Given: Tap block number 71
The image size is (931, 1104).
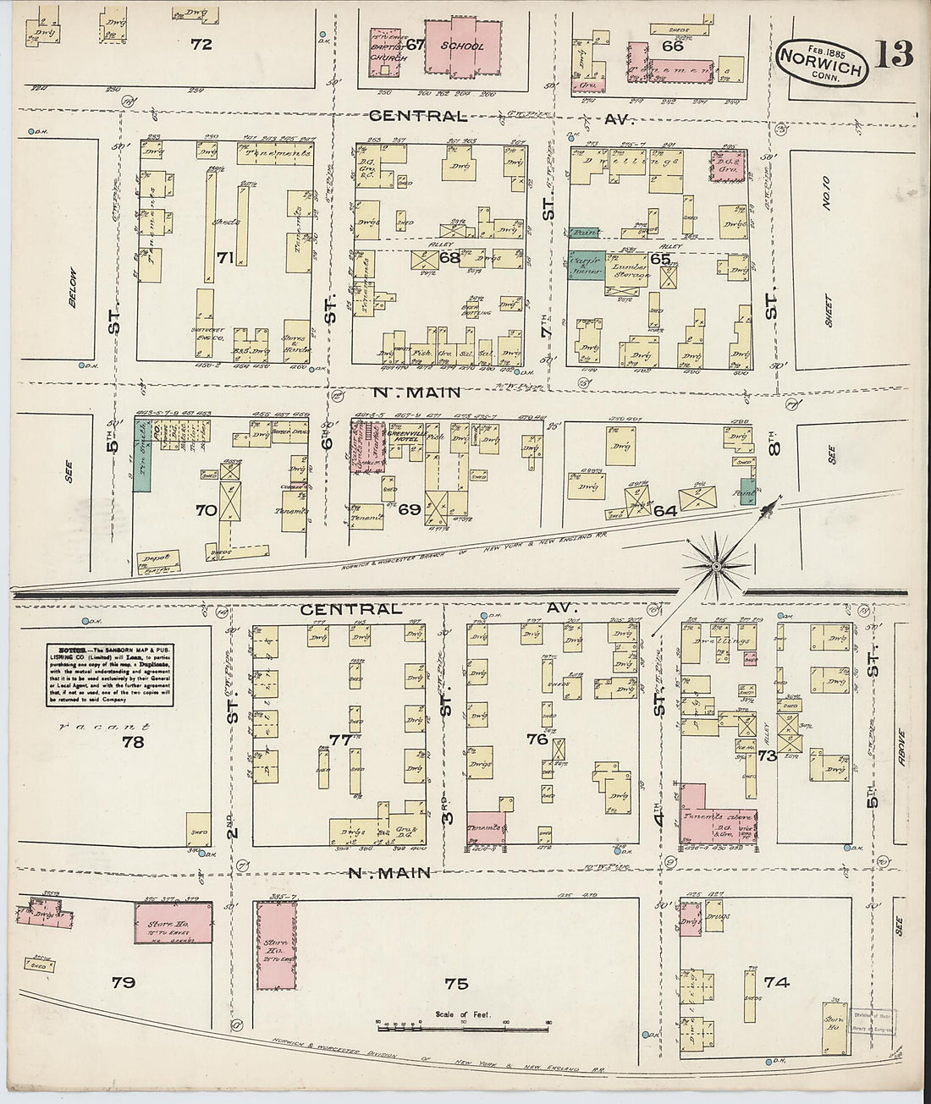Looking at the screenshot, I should [x=224, y=258].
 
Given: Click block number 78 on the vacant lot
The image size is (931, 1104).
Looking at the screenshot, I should [x=132, y=743].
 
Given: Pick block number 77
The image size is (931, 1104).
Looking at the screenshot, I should [x=340, y=739].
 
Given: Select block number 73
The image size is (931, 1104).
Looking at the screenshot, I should [x=767, y=755].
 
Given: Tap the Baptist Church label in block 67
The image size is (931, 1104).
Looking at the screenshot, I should [x=385, y=50].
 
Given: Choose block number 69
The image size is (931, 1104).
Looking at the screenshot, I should [x=409, y=508].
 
